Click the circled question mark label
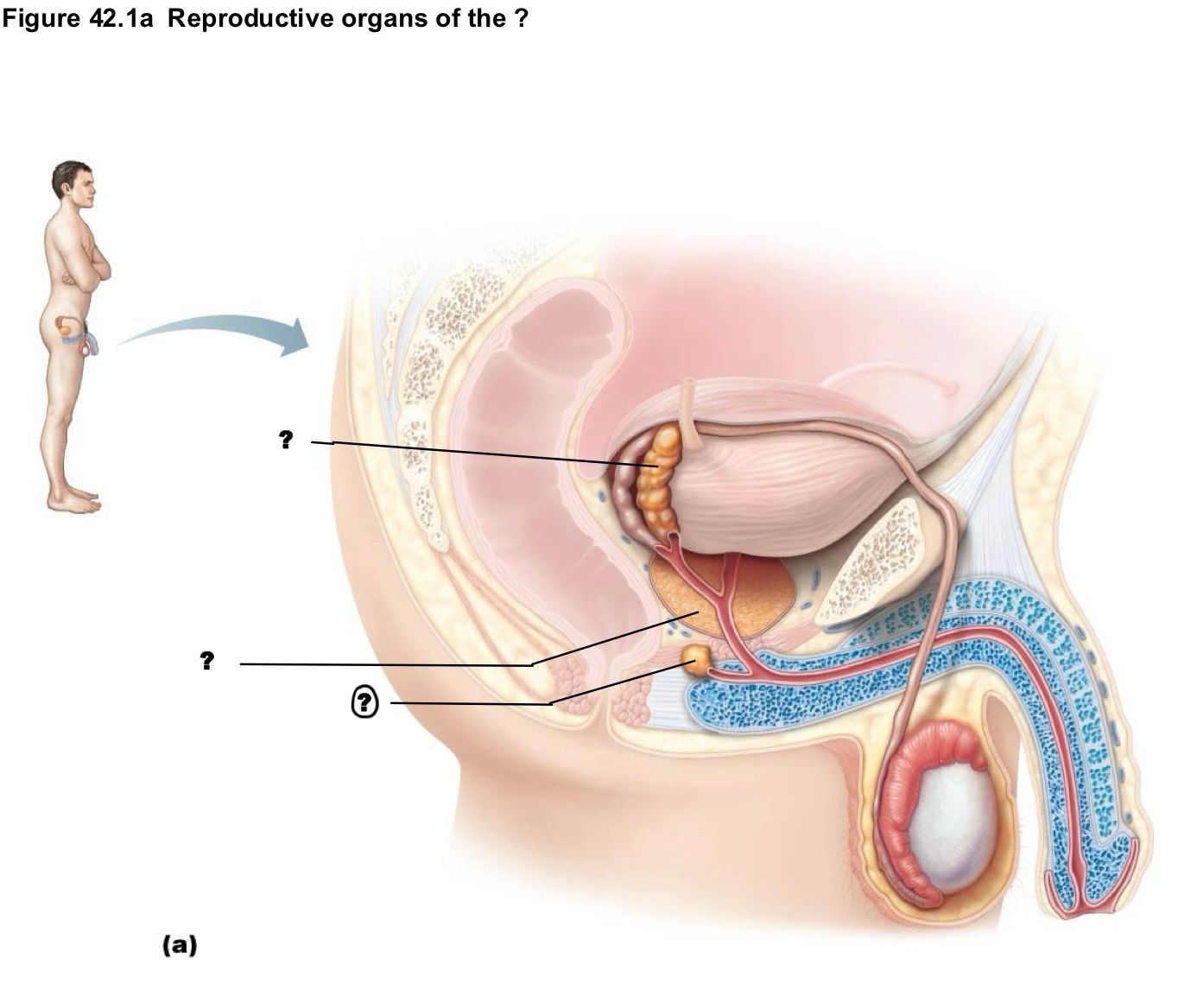pos(364,702)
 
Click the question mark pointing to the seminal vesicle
pos(286,439)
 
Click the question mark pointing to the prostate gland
pos(207,660)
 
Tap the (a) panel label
pos(180,945)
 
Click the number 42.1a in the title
pos(121,18)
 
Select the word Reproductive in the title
pos(251,19)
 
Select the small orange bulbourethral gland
pos(695,658)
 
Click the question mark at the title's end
pos(521,19)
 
